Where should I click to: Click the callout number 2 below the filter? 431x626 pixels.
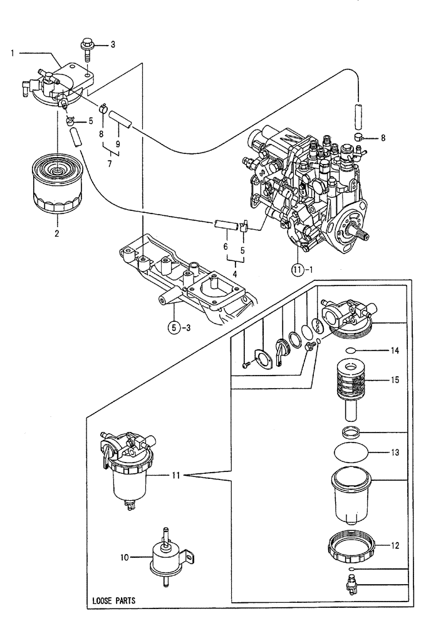[x=56, y=233]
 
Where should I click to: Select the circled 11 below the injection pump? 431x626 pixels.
[x=297, y=270]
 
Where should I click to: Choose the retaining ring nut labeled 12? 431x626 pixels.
[x=352, y=545]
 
